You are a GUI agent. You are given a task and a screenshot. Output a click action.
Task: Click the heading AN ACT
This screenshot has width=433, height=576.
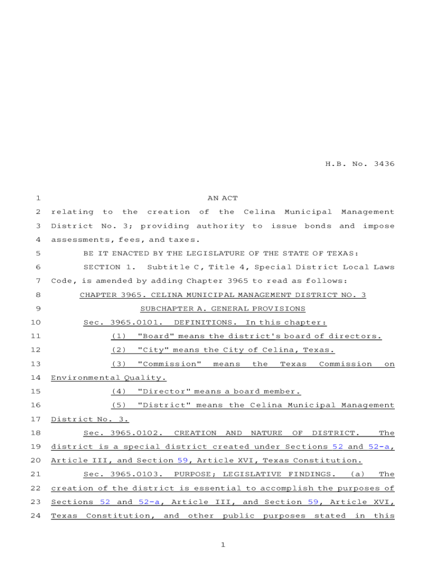click(222, 198)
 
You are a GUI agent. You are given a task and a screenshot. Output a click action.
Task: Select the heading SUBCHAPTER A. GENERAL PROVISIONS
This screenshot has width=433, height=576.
click(222, 309)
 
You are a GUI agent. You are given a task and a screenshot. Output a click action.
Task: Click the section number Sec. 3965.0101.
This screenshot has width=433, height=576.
click(123, 322)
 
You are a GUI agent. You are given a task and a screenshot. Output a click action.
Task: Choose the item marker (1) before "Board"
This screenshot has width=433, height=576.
click(119, 336)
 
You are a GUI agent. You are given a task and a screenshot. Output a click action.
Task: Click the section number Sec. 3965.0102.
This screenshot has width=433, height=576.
click(123, 433)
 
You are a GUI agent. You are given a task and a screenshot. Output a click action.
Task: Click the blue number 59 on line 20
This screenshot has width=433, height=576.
click(182, 461)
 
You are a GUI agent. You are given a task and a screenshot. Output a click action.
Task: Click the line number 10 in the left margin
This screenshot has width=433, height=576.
click(37, 322)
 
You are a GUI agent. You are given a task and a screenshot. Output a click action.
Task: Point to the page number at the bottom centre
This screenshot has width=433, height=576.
click(223, 544)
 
